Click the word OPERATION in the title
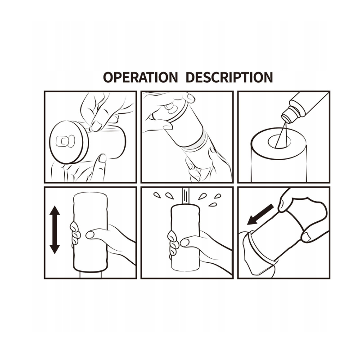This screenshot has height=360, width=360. (140, 77)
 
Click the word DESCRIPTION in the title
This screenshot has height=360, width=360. (229, 77)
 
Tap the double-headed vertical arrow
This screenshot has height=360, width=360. (54, 229)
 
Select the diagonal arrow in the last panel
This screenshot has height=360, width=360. (260, 215)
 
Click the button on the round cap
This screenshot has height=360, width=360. (65, 142)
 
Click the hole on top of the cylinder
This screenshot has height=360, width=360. (279, 141)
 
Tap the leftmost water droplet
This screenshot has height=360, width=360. (157, 195)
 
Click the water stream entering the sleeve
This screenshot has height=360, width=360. (186, 196)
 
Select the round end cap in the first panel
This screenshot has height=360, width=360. (69, 142)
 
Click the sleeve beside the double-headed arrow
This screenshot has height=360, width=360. (90, 232)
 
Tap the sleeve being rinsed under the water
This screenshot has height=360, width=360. (185, 237)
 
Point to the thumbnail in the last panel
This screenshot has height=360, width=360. (306, 237)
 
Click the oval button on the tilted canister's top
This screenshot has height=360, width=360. (170, 108)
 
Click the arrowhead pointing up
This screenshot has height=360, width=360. (54, 210)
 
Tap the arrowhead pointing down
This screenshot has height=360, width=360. (54, 249)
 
